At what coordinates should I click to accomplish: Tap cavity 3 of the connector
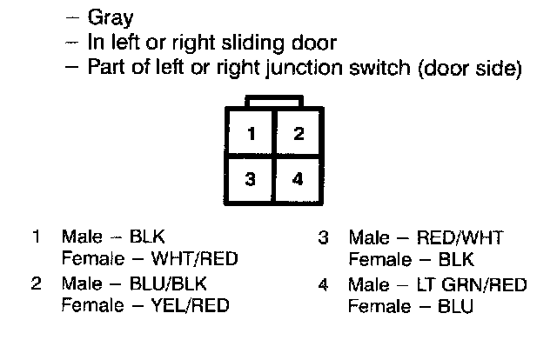click(251, 180)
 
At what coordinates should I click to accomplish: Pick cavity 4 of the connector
click(298, 180)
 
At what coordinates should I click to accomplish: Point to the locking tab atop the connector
click(274, 103)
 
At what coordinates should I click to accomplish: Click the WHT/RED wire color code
click(195, 258)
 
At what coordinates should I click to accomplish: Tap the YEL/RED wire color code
click(193, 306)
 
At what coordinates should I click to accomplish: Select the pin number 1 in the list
click(37, 237)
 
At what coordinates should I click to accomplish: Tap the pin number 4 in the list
click(323, 284)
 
